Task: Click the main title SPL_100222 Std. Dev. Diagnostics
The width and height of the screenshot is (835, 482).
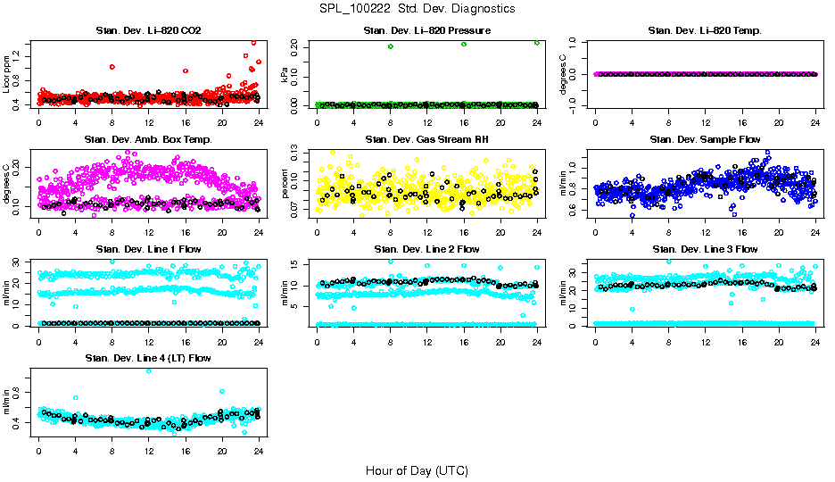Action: click(x=417, y=9)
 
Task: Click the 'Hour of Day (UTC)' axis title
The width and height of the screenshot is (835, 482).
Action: click(x=417, y=470)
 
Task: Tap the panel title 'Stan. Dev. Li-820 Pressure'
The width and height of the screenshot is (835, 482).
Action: click(x=427, y=31)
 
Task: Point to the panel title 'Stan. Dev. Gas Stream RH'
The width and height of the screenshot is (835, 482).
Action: click(x=427, y=140)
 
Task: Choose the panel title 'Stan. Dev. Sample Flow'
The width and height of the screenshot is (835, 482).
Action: click(x=705, y=140)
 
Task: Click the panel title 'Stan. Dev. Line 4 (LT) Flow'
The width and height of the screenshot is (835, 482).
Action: click(x=148, y=359)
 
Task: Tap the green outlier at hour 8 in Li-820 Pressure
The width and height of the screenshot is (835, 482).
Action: click(x=391, y=46)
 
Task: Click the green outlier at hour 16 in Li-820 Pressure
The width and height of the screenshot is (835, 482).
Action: click(x=464, y=44)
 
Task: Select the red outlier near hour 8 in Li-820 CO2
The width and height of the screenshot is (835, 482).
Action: click(x=112, y=67)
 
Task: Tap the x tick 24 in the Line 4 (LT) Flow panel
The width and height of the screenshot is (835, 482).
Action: click(x=259, y=451)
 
